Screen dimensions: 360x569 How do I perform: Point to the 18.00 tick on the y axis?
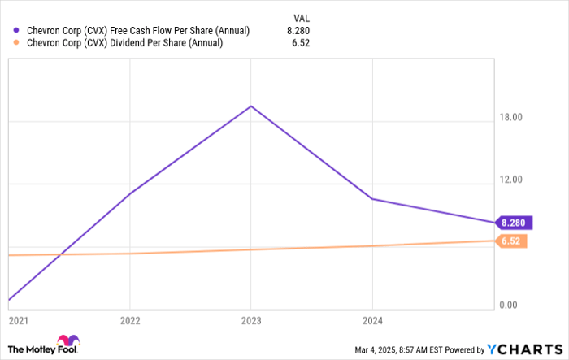[511, 117]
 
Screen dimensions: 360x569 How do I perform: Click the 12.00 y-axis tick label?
[511, 180]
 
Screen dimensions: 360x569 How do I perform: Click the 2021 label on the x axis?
[19, 320]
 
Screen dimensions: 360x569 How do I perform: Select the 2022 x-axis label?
[130, 320]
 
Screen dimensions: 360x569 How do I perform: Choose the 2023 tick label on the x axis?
[251, 320]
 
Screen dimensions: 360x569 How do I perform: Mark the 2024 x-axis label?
[372, 320]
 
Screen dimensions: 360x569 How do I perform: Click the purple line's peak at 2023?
[251, 106]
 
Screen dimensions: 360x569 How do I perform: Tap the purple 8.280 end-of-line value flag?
[513, 223]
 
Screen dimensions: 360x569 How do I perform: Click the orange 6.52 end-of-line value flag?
[511, 241]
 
